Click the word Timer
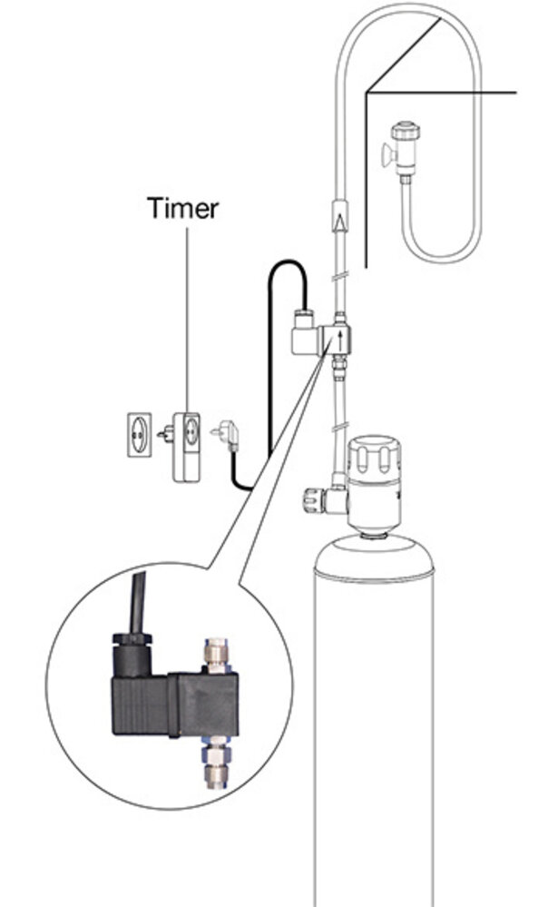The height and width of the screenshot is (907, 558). point(182,208)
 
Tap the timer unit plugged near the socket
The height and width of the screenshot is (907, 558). point(186,444)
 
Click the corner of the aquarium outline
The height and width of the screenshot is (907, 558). point(367,91)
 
